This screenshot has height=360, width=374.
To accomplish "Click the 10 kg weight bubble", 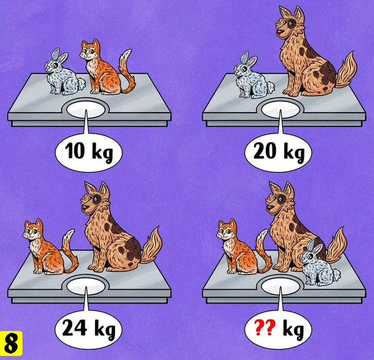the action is coord(88,153).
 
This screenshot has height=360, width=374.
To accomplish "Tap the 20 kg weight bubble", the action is coord(278,153).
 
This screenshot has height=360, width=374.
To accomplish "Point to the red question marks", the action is coord(265,328).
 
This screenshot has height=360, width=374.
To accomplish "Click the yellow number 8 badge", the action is coord(11,344).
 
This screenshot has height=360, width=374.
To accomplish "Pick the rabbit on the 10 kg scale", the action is coord(64,73).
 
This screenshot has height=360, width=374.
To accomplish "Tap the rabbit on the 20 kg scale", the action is coord(254,76).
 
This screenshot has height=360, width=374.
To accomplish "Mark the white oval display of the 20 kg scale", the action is coord(280,110).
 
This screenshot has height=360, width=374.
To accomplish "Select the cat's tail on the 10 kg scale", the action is coord(127,71).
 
